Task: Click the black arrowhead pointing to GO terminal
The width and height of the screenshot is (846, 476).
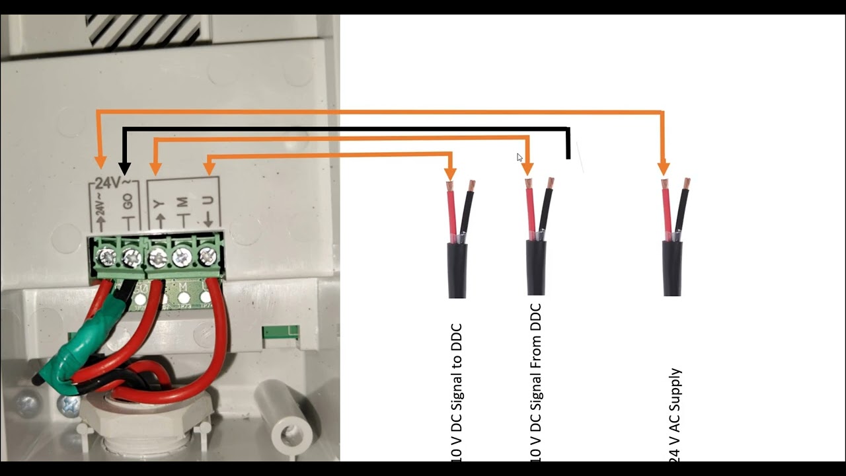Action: [x=124, y=168]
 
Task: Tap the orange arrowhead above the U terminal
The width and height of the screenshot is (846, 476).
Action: [x=210, y=169]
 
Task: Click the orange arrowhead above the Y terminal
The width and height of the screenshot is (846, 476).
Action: [x=154, y=169]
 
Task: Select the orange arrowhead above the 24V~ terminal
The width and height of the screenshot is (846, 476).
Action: [x=100, y=162]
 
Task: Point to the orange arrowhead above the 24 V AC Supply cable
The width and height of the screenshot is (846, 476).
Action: [x=663, y=169]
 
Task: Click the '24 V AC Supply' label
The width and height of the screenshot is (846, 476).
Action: [x=675, y=414]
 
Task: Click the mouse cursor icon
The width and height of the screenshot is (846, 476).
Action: [x=519, y=157]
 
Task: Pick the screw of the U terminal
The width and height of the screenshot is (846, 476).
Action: [x=208, y=255]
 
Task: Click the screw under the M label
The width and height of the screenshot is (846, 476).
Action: [x=182, y=255]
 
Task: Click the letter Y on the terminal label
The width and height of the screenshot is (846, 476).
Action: [x=159, y=203]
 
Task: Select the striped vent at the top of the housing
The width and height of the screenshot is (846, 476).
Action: [x=142, y=30]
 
